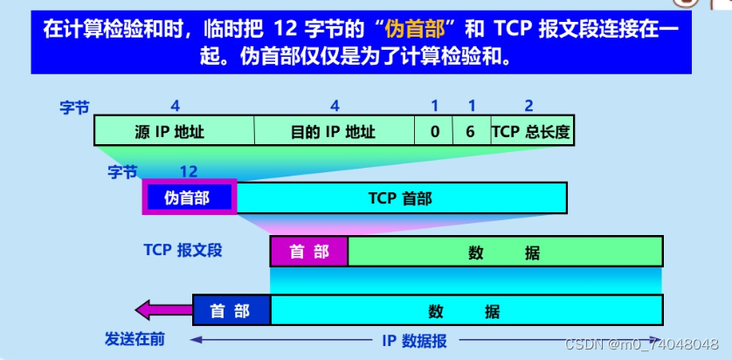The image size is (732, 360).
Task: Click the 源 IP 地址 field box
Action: click(x=174, y=132)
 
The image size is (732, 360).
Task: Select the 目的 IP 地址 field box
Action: click(x=334, y=132)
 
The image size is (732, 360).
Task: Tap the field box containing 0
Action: click(x=434, y=132)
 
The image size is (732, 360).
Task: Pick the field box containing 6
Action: click(x=471, y=132)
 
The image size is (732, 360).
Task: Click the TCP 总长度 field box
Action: click(x=531, y=132)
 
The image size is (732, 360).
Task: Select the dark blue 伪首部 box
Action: click(x=189, y=198)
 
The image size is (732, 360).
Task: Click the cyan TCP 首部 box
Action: click(x=400, y=198)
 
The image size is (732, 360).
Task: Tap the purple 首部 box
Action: click(x=309, y=253)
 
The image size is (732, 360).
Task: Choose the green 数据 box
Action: click(x=505, y=253)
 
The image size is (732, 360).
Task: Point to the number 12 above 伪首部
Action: click(x=189, y=171)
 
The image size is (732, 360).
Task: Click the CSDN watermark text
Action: click(x=640, y=345)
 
